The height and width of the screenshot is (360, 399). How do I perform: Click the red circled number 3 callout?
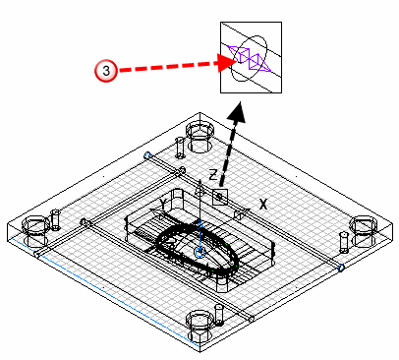point(106,71)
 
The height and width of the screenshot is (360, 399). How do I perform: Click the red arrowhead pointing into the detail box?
point(226,62)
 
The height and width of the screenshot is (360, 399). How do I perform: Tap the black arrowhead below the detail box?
point(238,112)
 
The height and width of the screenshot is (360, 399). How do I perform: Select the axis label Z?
point(213,175)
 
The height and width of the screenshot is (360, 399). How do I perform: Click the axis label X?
point(263,205)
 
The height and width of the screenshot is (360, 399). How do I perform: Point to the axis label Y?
point(163,204)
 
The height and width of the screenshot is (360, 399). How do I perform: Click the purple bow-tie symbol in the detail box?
point(250,59)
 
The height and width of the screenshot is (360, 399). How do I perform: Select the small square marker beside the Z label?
point(220,197)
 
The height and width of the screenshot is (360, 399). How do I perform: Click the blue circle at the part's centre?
point(199,252)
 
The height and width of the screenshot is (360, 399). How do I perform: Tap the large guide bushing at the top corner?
point(199,137)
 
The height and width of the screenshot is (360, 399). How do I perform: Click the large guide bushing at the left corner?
point(36,231)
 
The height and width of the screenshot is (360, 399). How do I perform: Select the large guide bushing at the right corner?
point(364,231)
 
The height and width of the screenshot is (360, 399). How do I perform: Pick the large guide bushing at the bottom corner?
point(199,325)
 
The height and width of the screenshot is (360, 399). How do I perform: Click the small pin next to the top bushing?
point(180,148)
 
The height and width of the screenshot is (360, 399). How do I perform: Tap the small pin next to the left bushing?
point(56,219)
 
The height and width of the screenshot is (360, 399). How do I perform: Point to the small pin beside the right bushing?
point(344,242)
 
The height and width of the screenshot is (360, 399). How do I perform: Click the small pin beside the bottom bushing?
point(219,315)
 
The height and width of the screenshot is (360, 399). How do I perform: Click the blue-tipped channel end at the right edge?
point(341,268)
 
